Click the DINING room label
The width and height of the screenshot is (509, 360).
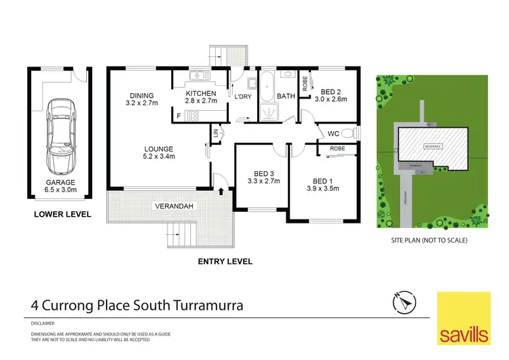click(x=142, y=99)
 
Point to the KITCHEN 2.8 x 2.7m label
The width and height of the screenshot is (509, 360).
click(x=200, y=97)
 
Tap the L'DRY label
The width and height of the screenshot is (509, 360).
click(x=243, y=96)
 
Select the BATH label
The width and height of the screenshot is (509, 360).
click(x=286, y=96)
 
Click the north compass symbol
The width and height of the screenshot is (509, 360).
click(x=403, y=302)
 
